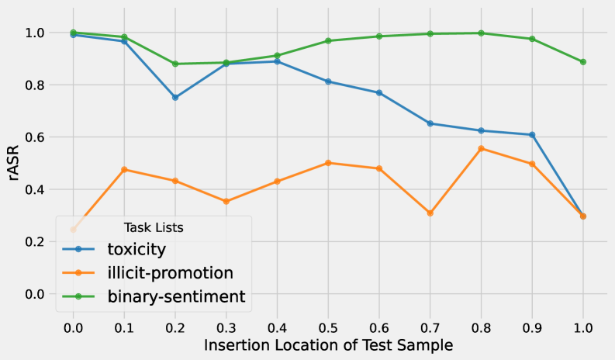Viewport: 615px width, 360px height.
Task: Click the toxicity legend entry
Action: click(x=136, y=249)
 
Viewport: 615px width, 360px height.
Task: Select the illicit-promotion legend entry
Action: click(x=169, y=272)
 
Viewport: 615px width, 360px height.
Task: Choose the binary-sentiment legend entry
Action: click(x=176, y=296)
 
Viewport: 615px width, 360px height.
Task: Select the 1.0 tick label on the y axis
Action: click(x=34, y=33)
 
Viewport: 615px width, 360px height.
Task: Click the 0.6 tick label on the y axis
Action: click(x=34, y=137)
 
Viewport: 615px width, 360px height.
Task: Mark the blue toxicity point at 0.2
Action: click(x=175, y=97)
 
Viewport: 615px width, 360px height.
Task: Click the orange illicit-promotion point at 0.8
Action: click(x=481, y=148)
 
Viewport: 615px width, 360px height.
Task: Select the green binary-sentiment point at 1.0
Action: click(x=583, y=62)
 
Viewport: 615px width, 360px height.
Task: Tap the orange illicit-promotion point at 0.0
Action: click(x=73, y=230)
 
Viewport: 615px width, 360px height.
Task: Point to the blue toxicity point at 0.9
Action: click(x=532, y=135)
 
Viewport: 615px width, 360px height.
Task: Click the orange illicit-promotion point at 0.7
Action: click(x=430, y=213)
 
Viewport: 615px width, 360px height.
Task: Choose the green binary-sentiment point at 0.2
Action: click(x=175, y=64)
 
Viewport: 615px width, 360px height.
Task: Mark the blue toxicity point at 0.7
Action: click(x=430, y=123)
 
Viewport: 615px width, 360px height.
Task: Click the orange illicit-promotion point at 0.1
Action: click(x=124, y=169)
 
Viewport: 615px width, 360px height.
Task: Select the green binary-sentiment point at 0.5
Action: click(x=328, y=40)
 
